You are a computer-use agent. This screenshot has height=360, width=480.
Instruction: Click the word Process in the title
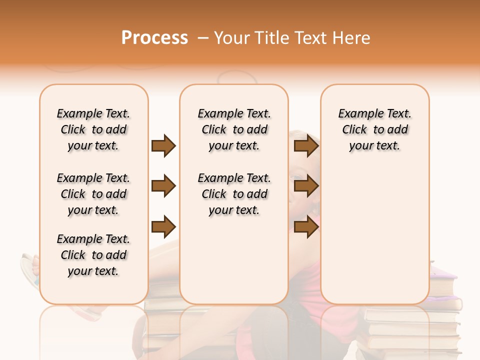coord(154,38)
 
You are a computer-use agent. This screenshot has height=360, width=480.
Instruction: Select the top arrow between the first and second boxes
coord(163,145)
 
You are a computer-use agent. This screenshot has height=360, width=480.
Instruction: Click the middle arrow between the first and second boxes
coord(163,186)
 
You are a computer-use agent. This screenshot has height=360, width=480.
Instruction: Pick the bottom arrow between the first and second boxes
coord(163,227)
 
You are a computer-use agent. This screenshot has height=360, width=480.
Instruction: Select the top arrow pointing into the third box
coord(306,145)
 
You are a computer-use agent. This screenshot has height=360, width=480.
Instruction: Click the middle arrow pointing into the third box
coord(306,186)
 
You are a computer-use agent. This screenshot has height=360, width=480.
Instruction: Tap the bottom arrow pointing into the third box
coord(306,227)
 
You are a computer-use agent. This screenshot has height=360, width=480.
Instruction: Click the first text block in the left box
coord(93,129)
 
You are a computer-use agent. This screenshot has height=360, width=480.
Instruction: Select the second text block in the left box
coord(93,194)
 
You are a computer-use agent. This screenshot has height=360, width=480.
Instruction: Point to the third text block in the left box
coord(93,255)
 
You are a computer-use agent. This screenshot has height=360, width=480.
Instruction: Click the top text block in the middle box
coord(234,129)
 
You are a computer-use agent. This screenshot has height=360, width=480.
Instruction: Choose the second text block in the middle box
coord(234,194)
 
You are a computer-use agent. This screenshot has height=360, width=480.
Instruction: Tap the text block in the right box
coord(375,129)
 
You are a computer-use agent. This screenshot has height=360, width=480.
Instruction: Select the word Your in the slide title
coord(232,38)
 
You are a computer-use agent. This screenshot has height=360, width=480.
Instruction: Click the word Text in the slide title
coord(312,38)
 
